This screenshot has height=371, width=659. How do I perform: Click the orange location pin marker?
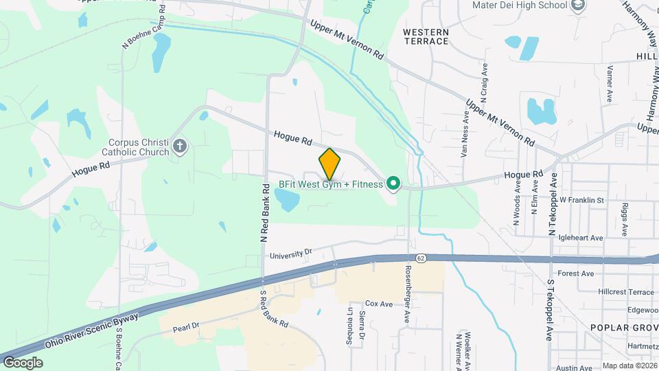click(330, 164)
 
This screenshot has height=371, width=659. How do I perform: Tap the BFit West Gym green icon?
click(393, 183)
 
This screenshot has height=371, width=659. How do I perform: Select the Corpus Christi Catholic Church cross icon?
click(180, 146)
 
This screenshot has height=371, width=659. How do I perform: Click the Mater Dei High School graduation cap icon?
click(579, 5)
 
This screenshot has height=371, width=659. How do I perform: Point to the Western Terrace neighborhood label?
click(426, 36)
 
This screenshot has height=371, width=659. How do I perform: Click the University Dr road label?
click(290, 254)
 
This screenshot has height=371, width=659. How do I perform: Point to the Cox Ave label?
click(378, 303)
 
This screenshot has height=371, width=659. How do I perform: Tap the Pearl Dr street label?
click(185, 325)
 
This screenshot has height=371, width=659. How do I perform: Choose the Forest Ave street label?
click(576, 273)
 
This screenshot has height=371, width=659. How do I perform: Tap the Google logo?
click(23, 362)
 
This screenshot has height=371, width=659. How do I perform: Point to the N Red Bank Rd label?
click(263, 213)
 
